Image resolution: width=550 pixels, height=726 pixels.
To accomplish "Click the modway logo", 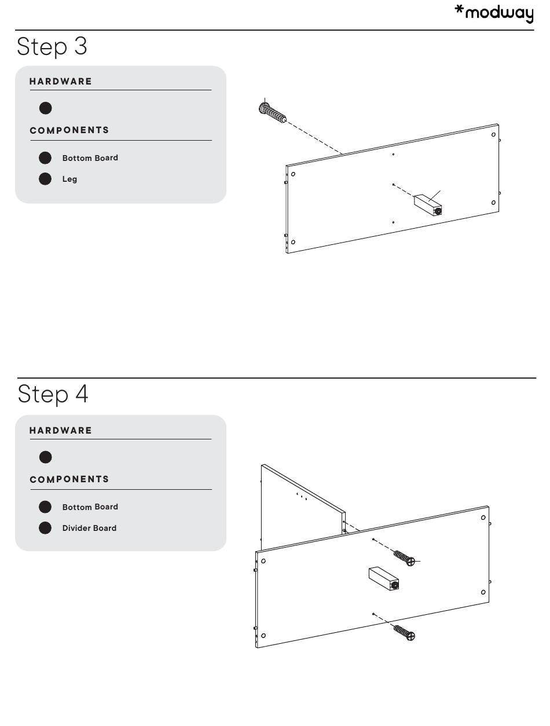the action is point(494,13).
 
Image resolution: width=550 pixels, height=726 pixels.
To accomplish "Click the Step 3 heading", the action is point(52,47).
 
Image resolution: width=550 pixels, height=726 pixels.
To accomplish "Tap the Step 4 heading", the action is point(53,394).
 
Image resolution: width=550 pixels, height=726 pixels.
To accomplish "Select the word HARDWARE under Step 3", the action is point(61,82).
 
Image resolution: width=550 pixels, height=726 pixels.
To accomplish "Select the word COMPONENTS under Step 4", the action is point(69,479).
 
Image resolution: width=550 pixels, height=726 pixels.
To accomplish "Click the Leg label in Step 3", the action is point(70,179).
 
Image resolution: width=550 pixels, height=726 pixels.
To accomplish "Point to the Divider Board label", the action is point(89,528).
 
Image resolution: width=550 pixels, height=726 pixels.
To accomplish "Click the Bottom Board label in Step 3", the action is point(90,158).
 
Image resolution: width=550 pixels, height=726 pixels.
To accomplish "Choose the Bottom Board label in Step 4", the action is point(90,507).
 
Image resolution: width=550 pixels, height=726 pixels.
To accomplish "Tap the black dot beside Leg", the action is point(45,179).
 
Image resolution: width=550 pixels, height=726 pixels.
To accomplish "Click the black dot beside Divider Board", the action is point(45,528).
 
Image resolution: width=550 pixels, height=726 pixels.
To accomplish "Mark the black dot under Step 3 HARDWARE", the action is point(46,108).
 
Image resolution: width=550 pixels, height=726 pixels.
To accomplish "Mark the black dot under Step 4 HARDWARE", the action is point(46,457).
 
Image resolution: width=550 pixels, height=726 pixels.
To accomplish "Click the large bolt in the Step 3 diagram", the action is point(272,112).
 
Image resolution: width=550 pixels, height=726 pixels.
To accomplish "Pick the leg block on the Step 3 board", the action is point(428,205).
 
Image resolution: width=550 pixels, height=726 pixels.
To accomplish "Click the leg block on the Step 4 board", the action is point(384,579).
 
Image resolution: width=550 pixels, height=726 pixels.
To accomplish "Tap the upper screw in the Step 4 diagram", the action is point(404,558).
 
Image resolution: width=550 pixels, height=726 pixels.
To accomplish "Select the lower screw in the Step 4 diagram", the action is point(404,633).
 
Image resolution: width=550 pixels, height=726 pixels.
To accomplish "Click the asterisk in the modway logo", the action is point(459,9).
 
